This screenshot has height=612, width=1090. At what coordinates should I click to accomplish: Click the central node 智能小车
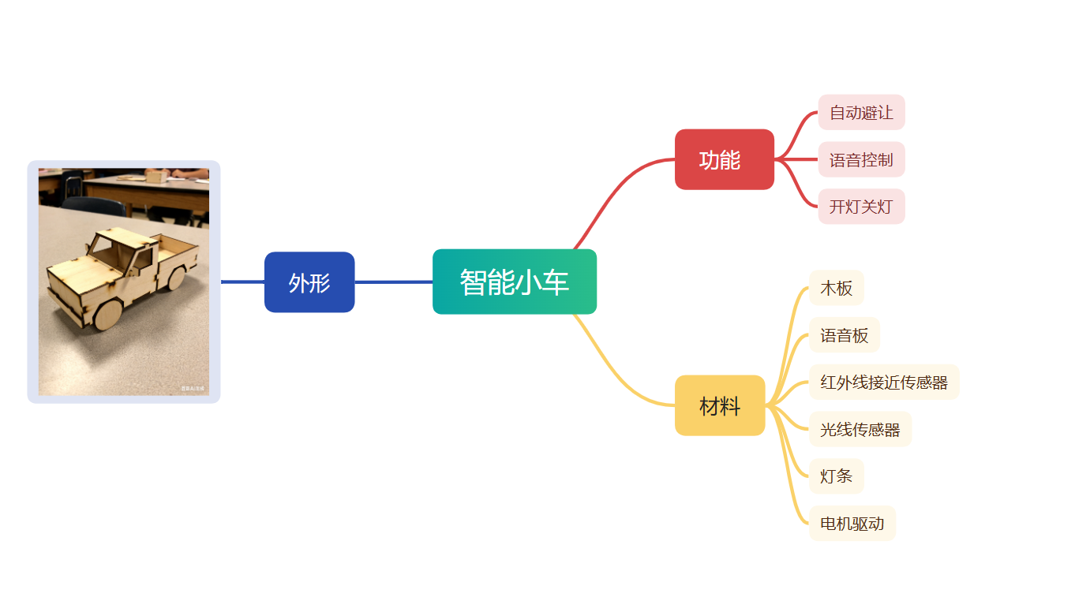515,282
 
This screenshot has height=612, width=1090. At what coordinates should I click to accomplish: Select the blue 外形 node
309,282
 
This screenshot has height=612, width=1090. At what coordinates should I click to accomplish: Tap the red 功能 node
724,159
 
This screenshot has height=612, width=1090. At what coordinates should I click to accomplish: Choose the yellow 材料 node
720,405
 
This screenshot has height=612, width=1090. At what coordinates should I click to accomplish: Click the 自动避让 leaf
861,112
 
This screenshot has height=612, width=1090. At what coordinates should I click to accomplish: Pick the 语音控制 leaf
861,159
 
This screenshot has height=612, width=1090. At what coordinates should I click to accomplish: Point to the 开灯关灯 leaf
861,207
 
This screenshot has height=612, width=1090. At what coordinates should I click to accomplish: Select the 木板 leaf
837,288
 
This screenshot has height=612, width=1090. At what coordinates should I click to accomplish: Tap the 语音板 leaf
845,335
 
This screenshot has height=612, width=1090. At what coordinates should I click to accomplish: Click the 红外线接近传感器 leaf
884,382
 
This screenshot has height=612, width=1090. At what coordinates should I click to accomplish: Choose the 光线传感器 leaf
860,430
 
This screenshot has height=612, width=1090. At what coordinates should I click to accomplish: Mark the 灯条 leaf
837,476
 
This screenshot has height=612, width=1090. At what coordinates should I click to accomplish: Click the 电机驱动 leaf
852,524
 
